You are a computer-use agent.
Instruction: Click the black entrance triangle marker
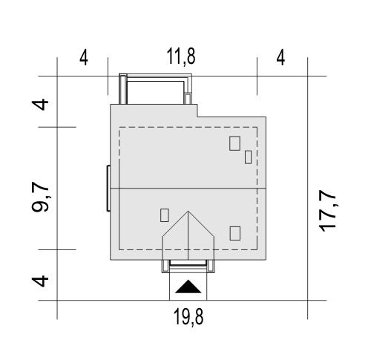click(x=188, y=287)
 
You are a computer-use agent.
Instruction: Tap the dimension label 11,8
click(x=181, y=56)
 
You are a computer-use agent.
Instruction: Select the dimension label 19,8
click(x=188, y=317)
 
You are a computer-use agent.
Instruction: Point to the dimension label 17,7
click(x=327, y=211)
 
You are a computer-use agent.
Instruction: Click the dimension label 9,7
click(x=40, y=197)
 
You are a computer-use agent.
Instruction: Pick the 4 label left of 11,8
click(x=84, y=58)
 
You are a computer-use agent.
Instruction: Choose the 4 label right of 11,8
click(x=280, y=58)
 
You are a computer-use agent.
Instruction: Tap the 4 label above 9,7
click(x=40, y=105)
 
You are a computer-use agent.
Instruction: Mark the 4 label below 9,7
click(x=40, y=281)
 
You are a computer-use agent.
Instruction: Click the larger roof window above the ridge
click(x=234, y=143)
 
